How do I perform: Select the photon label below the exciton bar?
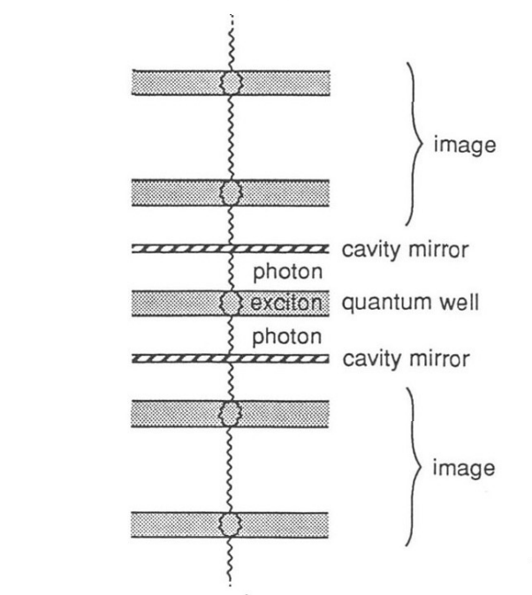tap(278, 336)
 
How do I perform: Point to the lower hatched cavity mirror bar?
tap(177, 359)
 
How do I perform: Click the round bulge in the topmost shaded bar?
tap(231, 82)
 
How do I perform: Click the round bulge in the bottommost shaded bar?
tap(231, 523)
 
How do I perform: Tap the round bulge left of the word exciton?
tap(231, 304)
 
